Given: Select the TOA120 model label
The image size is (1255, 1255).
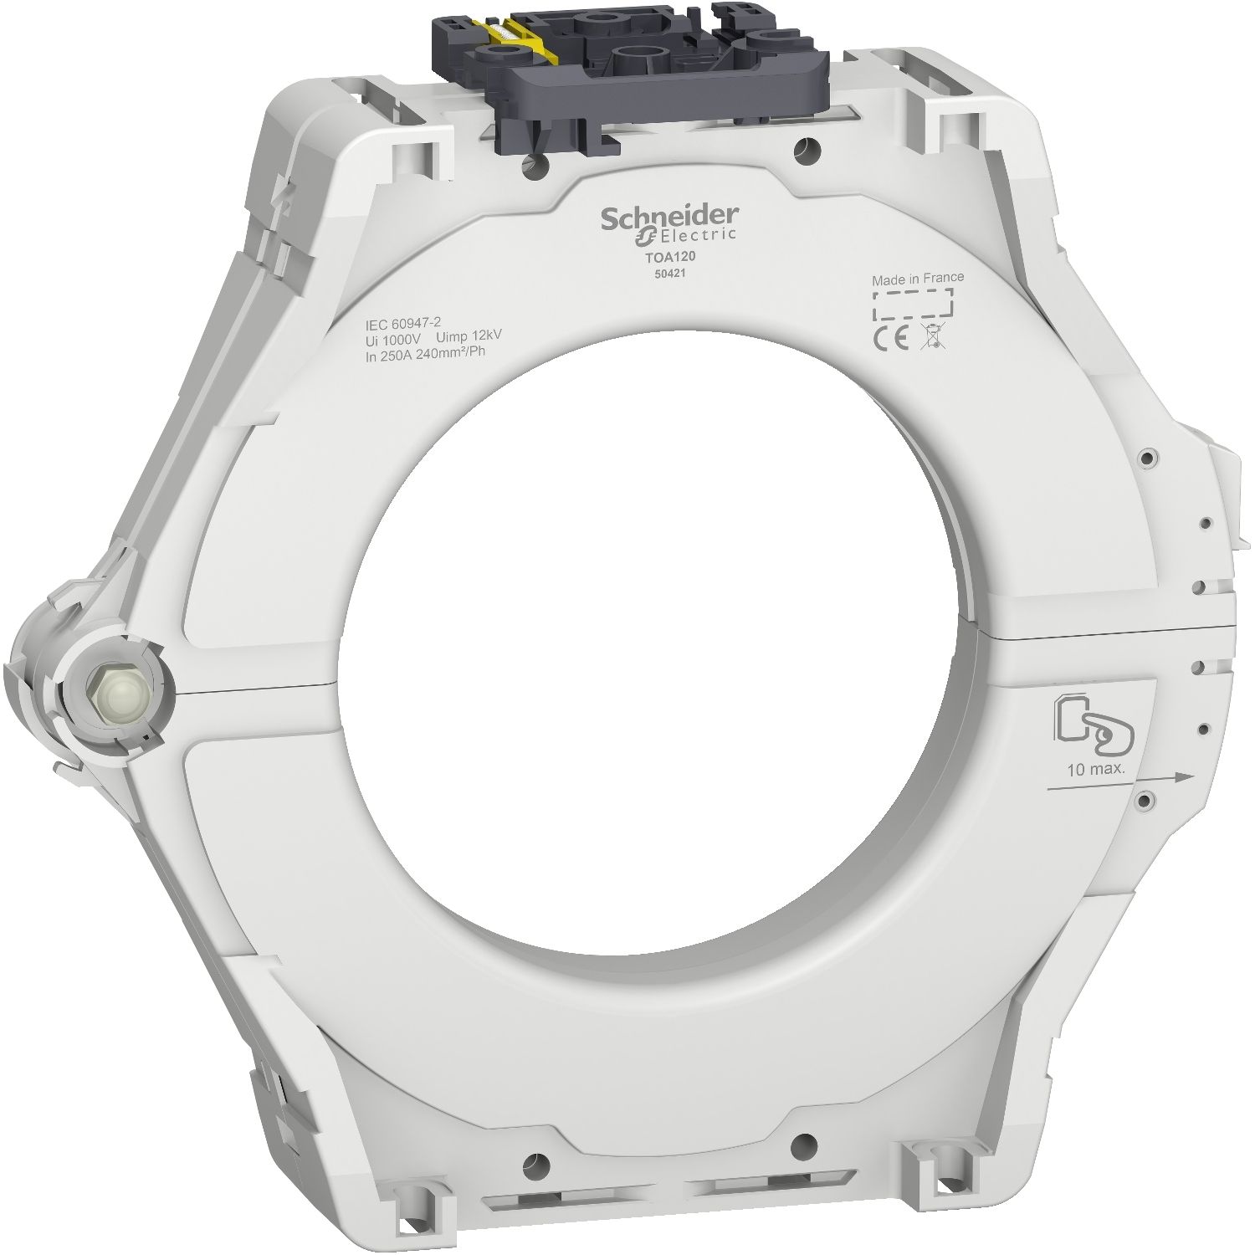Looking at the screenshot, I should pyautogui.click(x=666, y=259).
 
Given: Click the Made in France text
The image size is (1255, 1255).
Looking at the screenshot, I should pyautogui.click(x=917, y=278).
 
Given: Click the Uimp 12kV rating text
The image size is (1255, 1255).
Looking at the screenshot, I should pyautogui.click(x=469, y=336).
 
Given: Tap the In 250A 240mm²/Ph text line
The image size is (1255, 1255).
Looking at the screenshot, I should pyautogui.click(x=425, y=351).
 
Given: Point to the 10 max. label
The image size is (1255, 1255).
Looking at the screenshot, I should pyautogui.click(x=1095, y=769).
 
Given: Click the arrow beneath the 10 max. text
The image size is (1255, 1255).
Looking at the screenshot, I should pyautogui.click(x=1118, y=781).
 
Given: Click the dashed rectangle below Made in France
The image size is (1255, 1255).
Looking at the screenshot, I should pyautogui.click(x=913, y=305).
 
